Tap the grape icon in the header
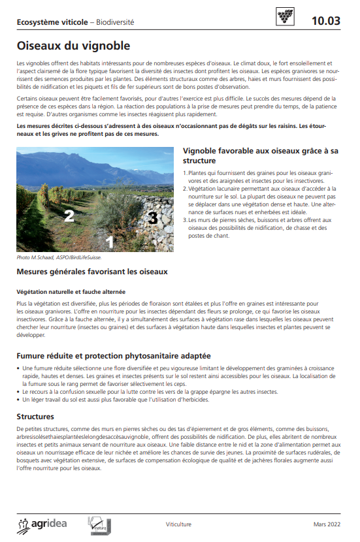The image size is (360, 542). pos(286,18)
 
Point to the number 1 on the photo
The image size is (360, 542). pos(110,242)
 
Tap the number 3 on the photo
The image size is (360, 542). pos(152,217)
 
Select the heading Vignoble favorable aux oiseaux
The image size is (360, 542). pos(260,155)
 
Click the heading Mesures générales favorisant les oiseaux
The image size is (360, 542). pos(92,271)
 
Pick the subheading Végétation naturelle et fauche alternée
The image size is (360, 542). pos(71,291)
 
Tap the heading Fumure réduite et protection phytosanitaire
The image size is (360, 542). pos(113,356)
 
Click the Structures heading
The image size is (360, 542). pos(35,416)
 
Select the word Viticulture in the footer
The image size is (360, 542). pos(178,524)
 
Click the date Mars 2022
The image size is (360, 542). pos(327,524)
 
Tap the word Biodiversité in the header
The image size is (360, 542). pos(115,22)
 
